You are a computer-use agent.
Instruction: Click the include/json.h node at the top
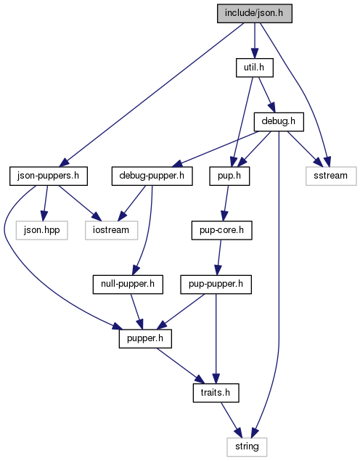coord(255,13)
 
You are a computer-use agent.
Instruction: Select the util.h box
coord(255,68)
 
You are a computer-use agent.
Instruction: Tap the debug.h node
coord(279,121)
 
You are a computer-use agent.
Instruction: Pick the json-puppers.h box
coord(49,176)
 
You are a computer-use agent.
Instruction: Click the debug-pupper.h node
coord(152,176)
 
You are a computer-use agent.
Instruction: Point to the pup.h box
coord(229,176)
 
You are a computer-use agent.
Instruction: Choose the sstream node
coord(331,176)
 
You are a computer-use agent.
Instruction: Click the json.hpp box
coord(42,230)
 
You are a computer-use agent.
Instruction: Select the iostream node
coord(111,230)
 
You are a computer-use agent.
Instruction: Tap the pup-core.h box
coord(221,230)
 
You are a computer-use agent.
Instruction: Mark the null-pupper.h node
coord(128,284)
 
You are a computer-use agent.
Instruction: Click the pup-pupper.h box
coord(216,284)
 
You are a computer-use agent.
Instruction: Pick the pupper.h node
coord(145,338)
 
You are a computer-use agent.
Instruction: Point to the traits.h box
coord(216,393)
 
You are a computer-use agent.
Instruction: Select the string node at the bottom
coord(247,447)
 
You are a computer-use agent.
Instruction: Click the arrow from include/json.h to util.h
coord(255,41)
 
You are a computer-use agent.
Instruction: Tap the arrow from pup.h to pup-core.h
coord(226,203)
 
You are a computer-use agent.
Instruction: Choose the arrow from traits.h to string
coord(232,420)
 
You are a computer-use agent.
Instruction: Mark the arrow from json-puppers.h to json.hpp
coord(45,203)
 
